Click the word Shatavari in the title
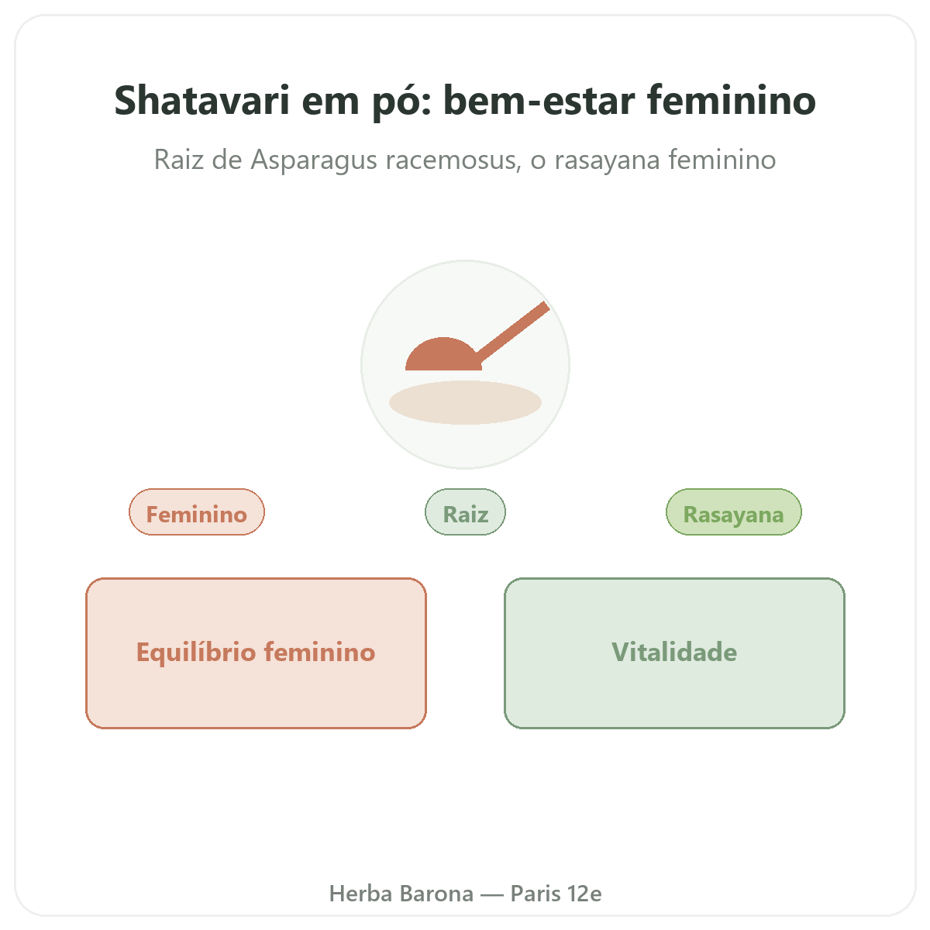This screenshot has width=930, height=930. coord(201,101)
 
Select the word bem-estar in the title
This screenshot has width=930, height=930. coord(539,100)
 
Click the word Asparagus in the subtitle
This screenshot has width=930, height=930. coord(314,160)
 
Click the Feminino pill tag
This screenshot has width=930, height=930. coord(196,512)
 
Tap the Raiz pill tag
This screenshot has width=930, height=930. coord(465,512)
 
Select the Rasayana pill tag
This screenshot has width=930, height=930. coord(734,512)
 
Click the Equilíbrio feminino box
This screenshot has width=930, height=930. coord(256,653)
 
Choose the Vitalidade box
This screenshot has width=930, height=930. coord(674,653)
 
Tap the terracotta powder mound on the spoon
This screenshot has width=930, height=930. coord(443,354)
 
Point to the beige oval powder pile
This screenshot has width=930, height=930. coord(465,402)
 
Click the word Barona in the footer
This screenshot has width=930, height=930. coord(436,894)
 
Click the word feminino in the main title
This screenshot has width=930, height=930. coord(731,100)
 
